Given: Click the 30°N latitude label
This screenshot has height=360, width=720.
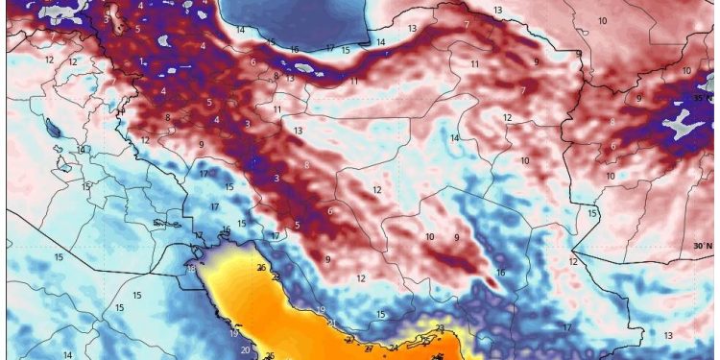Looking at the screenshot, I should coord(705,246).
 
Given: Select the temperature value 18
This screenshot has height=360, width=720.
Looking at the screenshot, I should coord(190,268).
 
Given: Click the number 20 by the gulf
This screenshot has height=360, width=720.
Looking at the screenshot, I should coord(245,350).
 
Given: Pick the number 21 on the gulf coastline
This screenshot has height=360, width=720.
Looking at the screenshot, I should coord(330,324).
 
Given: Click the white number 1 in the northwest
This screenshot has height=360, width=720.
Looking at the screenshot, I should coord(141,61).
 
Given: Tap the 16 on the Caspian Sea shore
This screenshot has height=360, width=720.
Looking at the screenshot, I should coord(294,49).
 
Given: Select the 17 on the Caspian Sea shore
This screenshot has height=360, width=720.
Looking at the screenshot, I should coord(329,47).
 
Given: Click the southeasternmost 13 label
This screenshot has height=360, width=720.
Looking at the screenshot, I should coord(667,335).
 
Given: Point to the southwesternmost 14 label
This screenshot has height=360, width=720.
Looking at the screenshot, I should coord(67,354).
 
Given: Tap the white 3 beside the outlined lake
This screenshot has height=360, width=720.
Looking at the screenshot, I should coord(106,19).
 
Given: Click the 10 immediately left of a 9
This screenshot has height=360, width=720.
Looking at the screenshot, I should coord(429,236).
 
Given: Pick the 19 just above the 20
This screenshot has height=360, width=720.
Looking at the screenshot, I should coord(234,333).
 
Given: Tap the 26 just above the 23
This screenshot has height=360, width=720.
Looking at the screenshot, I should coord(261,267).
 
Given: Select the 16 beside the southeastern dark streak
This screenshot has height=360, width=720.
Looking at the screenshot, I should coord(500,273).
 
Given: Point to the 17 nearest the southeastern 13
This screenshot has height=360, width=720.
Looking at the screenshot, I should coord(566,327).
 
